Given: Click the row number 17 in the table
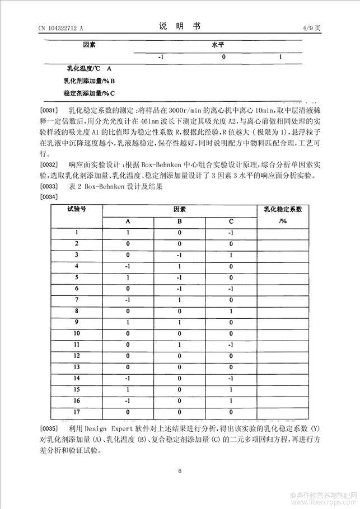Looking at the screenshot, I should (76, 412).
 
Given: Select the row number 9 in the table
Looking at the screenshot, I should (76, 322).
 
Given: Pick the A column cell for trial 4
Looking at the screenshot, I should (128, 266).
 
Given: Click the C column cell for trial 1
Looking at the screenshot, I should (231, 232).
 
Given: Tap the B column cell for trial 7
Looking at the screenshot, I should (180, 300).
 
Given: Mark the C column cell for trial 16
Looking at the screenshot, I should (231, 401).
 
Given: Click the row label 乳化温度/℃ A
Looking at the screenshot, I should (90, 69).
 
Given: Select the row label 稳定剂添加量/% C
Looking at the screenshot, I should (89, 93).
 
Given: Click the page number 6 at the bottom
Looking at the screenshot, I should (180, 471).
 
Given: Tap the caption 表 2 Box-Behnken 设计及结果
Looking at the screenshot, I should (114, 187).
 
